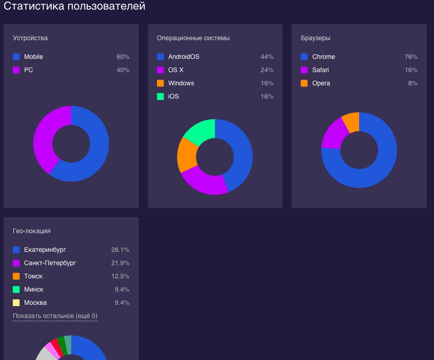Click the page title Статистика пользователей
pyautogui.click(x=74, y=6)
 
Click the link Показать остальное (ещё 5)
pyautogui.click(x=55, y=316)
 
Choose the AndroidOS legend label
pyautogui.click(x=184, y=57)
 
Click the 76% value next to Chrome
pyautogui.click(x=411, y=57)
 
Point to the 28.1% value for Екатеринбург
pyautogui.click(x=120, y=250)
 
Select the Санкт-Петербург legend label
pyautogui.click(x=50, y=263)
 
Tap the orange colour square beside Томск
pyautogui.click(x=16, y=276)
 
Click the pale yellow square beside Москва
pyautogui.click(x=16, y=303)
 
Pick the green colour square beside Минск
pyautogui.click(x=16, y=289)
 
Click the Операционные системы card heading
pyautogui.click(x=193, y=38)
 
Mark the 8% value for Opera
pyautogui.click(x=413, y=83)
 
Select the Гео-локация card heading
pyautogui.click(x=31, y=231)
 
